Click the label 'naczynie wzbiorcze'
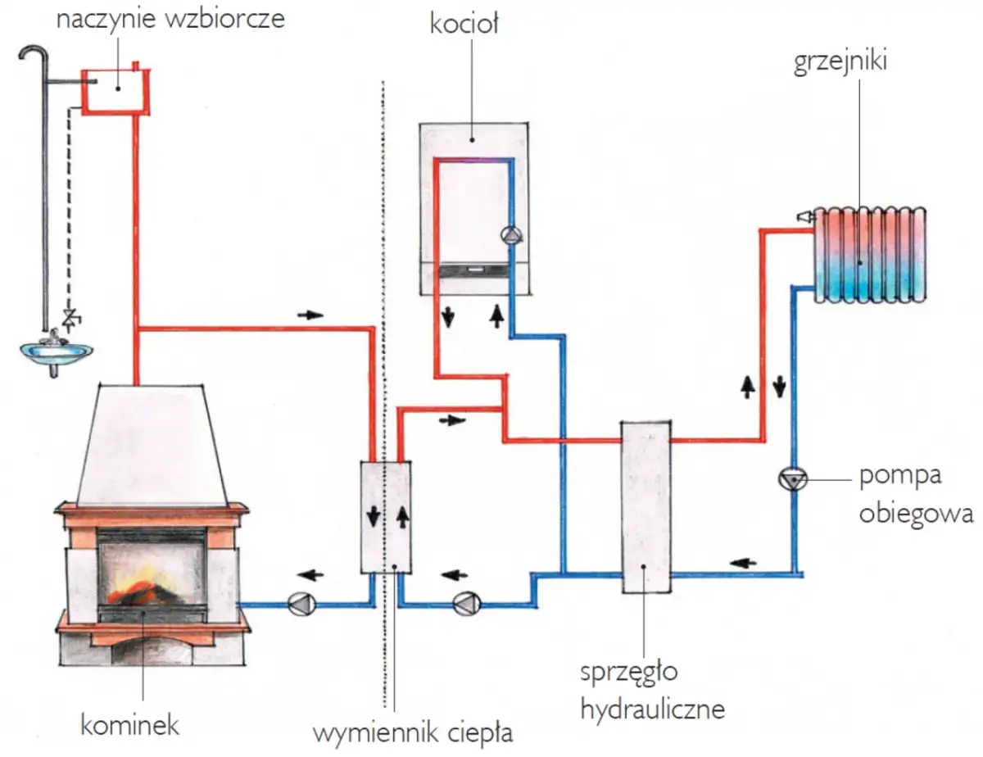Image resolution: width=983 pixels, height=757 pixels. pos(170,19)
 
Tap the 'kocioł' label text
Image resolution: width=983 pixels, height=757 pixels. pos(464,24)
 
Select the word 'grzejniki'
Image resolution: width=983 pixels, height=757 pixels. pos(840,64)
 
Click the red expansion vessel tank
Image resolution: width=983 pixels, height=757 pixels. pos(115,90)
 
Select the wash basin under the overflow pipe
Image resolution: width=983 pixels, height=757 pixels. pos(56,350)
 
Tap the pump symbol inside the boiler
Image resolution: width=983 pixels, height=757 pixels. pos(510,235)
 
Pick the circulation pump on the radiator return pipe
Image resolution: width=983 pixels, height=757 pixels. pos(793,478)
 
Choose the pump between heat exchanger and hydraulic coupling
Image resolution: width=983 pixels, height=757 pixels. pos(467,605)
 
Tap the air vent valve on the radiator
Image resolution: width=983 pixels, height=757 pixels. pos(804,216)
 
